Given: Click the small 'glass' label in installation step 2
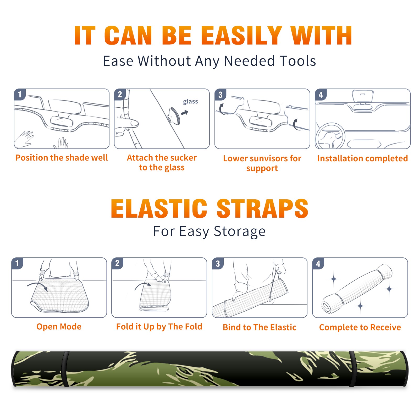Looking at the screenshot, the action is (x=190, y=102).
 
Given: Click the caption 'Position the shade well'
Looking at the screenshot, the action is (x=62, y=158).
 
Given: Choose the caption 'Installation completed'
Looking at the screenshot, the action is (x=362, y=158).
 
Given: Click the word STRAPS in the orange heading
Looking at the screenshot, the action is (x=262, y=208).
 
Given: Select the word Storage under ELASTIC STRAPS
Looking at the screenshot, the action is (x=240, y=231).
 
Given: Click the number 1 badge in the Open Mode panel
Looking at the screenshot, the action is (x=17, y=263).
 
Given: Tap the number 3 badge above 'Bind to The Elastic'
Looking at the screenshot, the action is (x=218, y=263).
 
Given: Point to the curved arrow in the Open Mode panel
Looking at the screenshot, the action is (x=38, y=286).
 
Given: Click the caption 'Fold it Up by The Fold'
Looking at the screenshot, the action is (x=159, y=327).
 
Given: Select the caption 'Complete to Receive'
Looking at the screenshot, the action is (x=360, y=327).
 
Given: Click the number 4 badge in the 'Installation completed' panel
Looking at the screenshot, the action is (x=321, y=95).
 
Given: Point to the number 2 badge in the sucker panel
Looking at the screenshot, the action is (x=120, y=95).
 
